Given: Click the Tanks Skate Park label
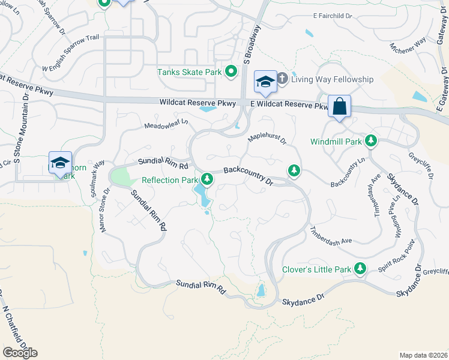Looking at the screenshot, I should click(x=189, y=72).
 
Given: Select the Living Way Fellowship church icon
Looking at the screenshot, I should click(x=282, y=79).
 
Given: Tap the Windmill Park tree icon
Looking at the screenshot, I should click(x=371, y=142).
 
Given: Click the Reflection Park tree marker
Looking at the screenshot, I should click(x=207, y=179).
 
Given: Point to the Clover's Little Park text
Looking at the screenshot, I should click(x=316, y=269).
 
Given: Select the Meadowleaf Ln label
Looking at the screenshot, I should click(x=166, y=125).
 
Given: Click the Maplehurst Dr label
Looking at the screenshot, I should click(x=268, y=139).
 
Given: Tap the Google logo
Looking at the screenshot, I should click(x=20, y=352).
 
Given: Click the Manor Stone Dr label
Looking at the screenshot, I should click(x=106, y=211).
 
